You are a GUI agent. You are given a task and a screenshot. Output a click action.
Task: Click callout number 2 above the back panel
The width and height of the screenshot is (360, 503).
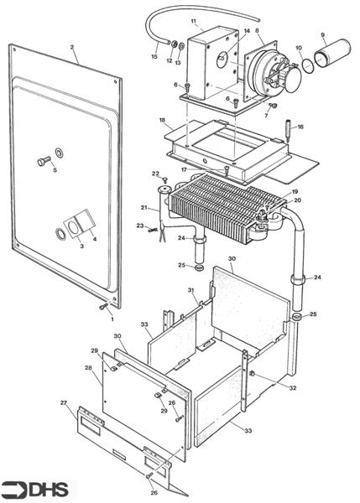pyautogui.click(x=72, y=48)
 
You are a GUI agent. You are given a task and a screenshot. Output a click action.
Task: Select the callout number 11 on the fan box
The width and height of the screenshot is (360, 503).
pyautogui.click(x=194, y=20)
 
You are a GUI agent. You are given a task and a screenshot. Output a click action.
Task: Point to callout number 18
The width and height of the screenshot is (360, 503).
pyautogui.click(x=162, y=121)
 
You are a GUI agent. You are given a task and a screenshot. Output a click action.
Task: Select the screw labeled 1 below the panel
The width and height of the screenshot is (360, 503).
pyautogui.click(x=104, y=307)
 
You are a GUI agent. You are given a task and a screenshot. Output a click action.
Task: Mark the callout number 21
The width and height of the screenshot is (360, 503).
pyautogui.click(x=143, y=207)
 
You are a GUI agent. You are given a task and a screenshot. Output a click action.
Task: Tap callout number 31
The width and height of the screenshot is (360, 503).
pyautogui.click(x=191, y=290)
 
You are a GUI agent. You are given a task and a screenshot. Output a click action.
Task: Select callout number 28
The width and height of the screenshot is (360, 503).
pyautogui.click(x=88, y=367)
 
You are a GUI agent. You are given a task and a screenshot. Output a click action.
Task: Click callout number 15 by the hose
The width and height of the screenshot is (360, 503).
pyautogui.click(x=154, y=56)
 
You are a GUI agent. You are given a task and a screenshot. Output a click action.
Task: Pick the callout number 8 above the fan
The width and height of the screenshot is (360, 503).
pyautogui.click(x=257, y=31)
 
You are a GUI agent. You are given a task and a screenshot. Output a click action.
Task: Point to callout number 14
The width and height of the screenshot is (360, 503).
pyautogui.click(x=246, y=31)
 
